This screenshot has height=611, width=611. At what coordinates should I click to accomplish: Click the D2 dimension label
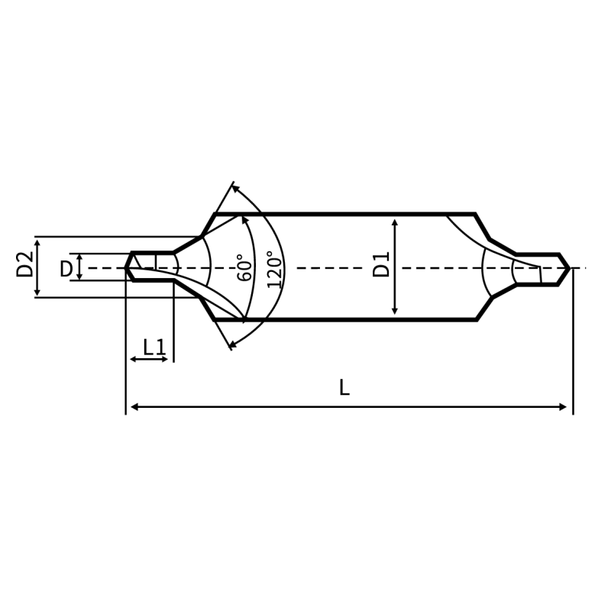pos(24,264)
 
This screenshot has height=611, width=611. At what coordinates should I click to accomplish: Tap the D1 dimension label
pos(381,264)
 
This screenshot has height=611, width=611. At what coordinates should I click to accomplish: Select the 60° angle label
pos(245,268)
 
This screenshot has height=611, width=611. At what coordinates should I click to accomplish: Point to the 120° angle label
pos(274,270)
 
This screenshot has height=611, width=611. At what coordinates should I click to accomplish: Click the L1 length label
pos(155,348)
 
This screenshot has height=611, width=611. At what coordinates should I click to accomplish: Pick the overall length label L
pos(344,388)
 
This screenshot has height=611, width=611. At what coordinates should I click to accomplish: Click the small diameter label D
pos(66,270)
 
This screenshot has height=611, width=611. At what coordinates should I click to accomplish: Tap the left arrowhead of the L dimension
pos(135,407)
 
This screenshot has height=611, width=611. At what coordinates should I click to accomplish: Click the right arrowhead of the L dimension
pos(562,407)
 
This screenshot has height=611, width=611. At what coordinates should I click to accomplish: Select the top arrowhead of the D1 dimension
pos(395,222)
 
